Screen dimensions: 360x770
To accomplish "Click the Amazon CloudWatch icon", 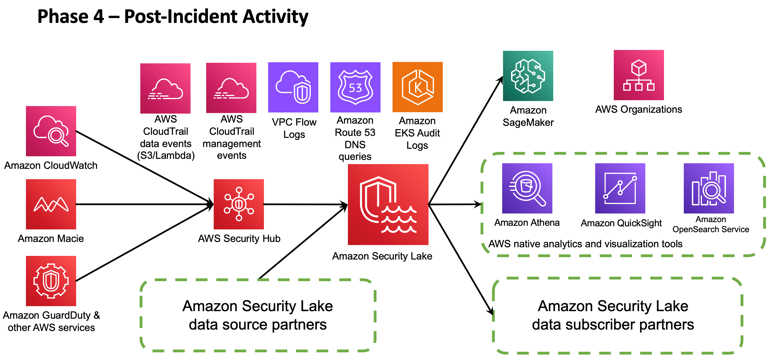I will (x=51, y=131).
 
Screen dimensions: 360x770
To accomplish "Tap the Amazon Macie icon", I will (x=51, y=204).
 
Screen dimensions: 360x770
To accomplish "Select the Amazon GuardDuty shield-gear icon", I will (x=51, y=281).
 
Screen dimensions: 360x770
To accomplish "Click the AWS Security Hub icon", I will (x=239, y=204).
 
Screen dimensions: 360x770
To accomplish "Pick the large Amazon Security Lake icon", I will (x=388, y=204).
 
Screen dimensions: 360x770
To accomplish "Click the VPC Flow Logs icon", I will (x=293, y=87).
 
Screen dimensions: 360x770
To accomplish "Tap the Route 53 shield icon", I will (x=355, y=87).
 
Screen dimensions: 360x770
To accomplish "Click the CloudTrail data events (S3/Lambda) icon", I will (x=165, y=88).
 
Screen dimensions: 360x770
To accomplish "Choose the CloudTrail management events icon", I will (x=231, y=88).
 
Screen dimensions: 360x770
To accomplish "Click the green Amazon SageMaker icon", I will (x=528, y=76).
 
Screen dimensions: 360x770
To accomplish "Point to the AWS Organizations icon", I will (x=639, y=75).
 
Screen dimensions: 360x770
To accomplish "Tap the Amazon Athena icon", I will (x=527, y=188).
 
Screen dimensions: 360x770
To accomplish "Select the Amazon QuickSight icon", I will (x=620, y=188).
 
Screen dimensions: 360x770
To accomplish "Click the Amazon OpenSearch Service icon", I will (x=708, y=188).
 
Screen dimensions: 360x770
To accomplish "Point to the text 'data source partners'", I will (x=258, y=324).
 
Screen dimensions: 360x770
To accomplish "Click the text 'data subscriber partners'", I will (x=613, y=324).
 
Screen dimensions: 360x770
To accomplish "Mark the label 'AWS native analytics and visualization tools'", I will (x=585, y=244).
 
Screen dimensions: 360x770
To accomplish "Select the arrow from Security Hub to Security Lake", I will (x=305, y=205).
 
